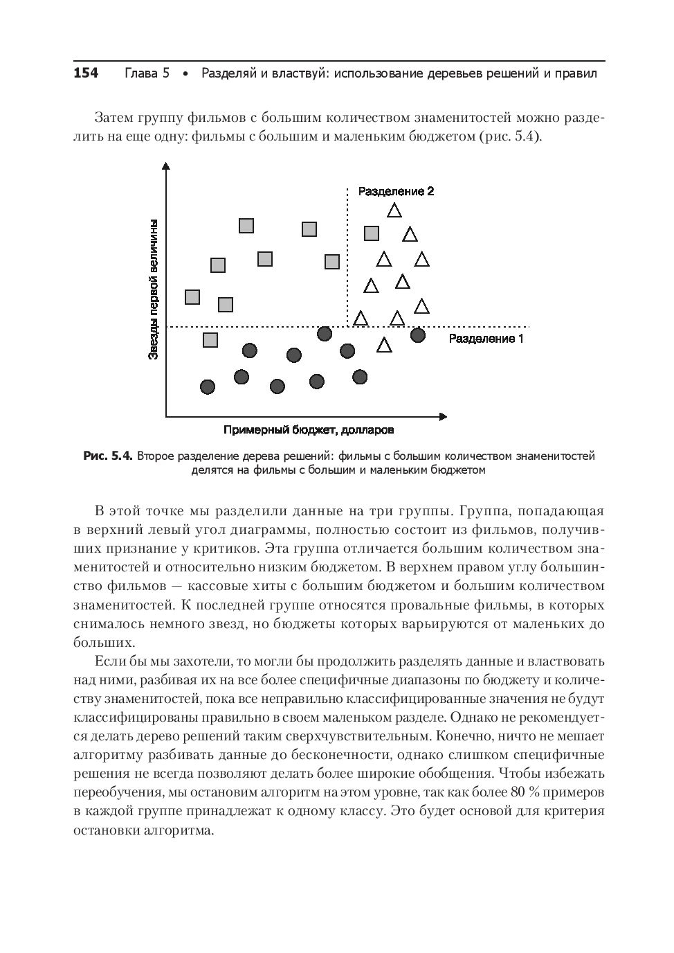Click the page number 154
click(x=86, y=73)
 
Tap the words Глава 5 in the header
click(x=147, y=73)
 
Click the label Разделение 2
click(x=396, y=191)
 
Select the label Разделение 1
click(x=486, y=339)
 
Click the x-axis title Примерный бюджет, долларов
click(x=309, y=430)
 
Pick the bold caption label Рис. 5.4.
click(x=107, y=456)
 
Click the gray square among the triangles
click(x=372, y=233)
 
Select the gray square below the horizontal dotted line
click(x=210, y=340)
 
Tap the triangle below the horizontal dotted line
click(x=384, y=345)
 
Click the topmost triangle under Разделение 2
click(x=394, y=209)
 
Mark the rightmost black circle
click(x=417, y=335)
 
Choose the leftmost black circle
click(x=207, y=386)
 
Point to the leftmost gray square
click(x=192, y=297)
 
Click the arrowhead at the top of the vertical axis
click(x=166, y=166)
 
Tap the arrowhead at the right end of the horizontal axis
click(x=443, y=416)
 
